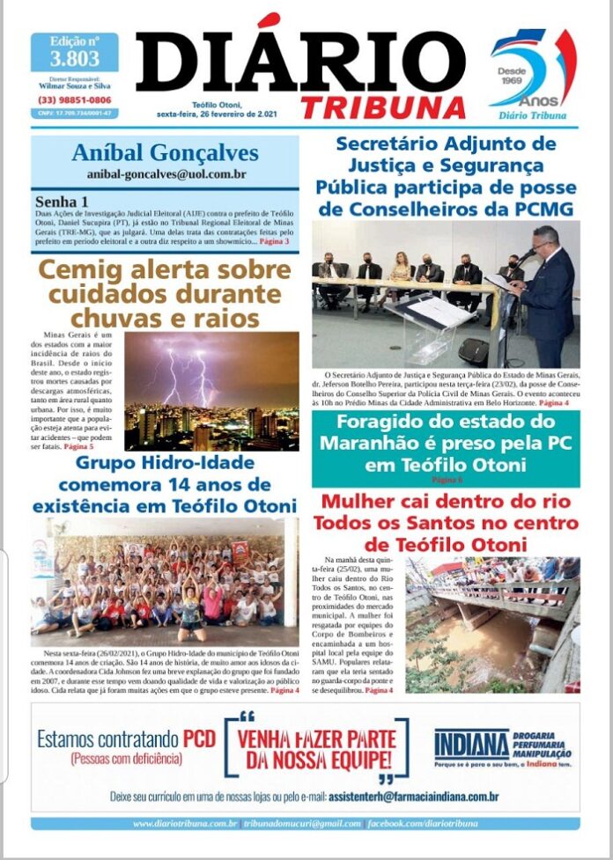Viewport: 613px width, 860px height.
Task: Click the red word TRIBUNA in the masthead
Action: tap(382, 107)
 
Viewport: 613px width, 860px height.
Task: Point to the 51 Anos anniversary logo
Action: tap(531, 75)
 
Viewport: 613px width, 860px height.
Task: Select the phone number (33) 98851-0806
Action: tap(74, 99)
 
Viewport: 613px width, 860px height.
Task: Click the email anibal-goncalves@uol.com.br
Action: tap(166, 174)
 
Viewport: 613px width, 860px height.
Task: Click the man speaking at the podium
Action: tap(546, 290)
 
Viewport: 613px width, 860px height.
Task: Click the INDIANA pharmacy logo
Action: tap(471, 745)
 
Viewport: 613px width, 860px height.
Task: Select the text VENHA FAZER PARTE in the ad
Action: tap(314, 738)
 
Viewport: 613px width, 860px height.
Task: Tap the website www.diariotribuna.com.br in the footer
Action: tap(185, 823)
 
